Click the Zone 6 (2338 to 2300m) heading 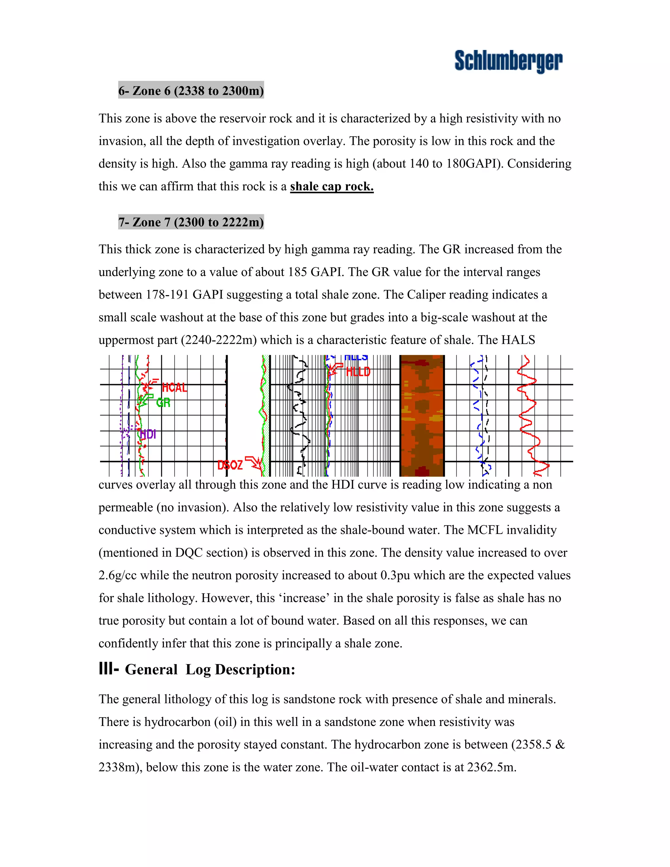191,91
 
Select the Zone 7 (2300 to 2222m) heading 191,222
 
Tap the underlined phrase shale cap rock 332,186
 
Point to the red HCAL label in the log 174,387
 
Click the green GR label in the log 163,403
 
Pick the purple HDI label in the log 148,434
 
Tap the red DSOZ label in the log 230,465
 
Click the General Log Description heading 210,670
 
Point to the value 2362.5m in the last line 491,767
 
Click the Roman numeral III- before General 108,669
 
